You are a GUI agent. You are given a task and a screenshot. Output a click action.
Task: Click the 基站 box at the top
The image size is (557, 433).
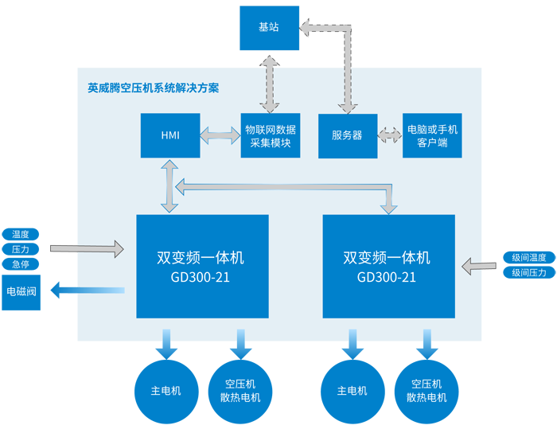click(x=269, y=27)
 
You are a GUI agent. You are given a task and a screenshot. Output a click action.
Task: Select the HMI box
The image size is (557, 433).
click(x=170, y=135)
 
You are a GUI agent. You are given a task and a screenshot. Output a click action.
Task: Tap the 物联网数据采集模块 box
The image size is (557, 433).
click(x=271, y=135)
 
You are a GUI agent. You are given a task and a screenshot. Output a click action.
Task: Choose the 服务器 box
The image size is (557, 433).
click(x=347, y=135)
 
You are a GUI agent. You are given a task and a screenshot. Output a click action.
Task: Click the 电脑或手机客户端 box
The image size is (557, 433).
click(x=432, y=135)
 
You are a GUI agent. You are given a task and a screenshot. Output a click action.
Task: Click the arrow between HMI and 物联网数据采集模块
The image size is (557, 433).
click(x=220, y=135)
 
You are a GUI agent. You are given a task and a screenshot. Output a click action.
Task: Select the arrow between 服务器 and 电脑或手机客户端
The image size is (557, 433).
click(x=390, y=135)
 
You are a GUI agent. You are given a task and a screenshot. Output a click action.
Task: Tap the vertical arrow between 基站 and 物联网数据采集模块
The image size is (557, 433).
click(x=271, y=83)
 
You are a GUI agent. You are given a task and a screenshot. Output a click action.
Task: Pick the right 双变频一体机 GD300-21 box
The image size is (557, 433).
click(x=388, y=267)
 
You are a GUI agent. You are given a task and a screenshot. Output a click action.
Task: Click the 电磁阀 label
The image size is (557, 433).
click(x=21, y=291)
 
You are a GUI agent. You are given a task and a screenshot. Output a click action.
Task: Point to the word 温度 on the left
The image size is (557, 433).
click(x=21, y=235)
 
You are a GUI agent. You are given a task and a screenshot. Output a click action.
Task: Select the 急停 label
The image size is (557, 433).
click(x=21, y=263)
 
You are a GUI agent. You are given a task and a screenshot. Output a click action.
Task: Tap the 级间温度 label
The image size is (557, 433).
click(x=528, y=258)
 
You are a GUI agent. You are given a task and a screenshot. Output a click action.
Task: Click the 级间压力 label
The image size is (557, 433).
click(x=528, y=273)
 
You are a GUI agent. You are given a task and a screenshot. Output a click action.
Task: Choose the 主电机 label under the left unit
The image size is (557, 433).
click(x=166, y=391)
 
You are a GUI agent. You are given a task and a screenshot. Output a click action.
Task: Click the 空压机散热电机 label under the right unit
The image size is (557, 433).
click(x=427, y=391)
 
